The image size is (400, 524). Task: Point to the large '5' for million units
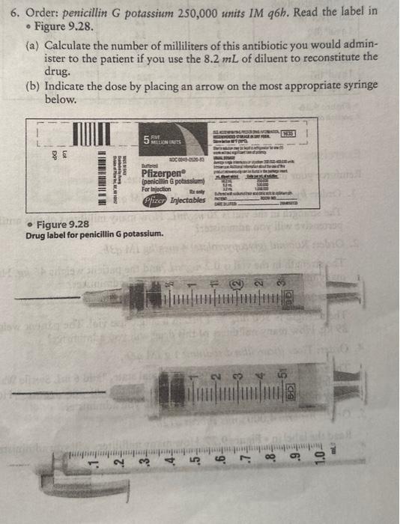click(x=148, y=138)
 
